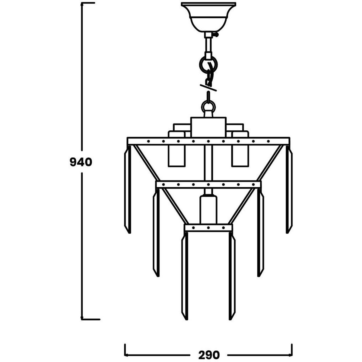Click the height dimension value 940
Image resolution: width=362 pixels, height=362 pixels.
point(81,162)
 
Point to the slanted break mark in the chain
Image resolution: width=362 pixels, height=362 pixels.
point(208,88)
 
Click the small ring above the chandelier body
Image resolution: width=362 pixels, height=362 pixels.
point(208,107)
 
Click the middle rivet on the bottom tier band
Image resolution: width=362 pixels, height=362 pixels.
point(208,228)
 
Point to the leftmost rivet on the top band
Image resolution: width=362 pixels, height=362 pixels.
point(148,141)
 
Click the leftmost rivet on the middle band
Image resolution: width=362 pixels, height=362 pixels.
point(163,185)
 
